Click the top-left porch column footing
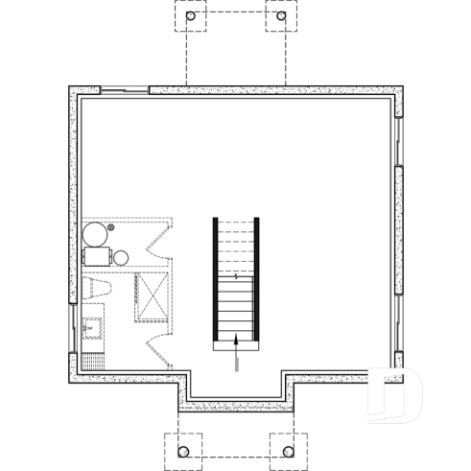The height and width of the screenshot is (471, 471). pos(190,16)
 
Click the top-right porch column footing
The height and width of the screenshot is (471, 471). pos(281,16)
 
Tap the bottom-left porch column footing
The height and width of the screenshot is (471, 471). pos(183,449)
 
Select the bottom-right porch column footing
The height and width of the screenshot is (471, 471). pos(287,449)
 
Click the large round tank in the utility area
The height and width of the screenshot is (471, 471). pos(95,234)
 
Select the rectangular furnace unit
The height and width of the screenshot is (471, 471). pos(97,257)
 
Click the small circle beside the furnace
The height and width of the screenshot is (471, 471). pos(121,257)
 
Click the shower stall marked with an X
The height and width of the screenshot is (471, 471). pos(152,293)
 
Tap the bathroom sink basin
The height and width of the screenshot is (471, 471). pos(93,327)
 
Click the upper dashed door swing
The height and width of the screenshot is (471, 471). pos(159,240)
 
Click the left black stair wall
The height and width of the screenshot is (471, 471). pos(216,278)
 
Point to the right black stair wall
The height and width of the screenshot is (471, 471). pos(258,278)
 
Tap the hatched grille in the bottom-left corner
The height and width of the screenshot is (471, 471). pos(93,362)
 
